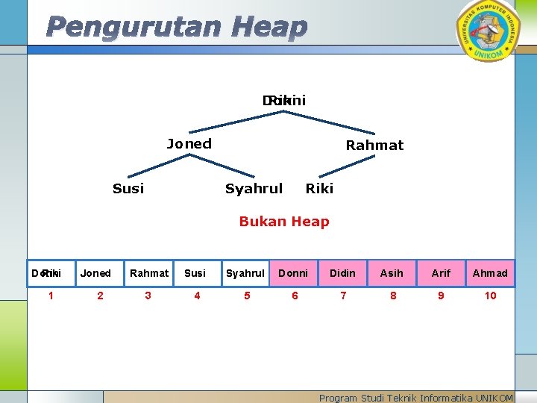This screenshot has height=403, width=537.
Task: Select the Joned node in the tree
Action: tap(189, 144)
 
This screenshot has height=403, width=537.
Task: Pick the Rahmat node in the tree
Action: tap(374, 146)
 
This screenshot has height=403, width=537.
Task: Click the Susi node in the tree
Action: tap(128, 189)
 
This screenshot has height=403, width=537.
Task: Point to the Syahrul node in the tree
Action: tap(254, 189)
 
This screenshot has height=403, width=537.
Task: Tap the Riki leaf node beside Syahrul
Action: tap(319, 189)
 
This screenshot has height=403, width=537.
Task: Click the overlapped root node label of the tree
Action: tap(283, 100)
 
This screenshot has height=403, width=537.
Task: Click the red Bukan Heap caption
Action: tap(283, 221)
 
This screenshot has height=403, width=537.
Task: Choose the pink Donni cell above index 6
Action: tap(293, 273)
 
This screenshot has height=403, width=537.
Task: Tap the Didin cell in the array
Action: tap(342, 273)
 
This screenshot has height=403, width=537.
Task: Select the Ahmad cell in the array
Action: tap(490, 273)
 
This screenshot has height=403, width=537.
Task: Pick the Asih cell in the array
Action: tap(392, 273)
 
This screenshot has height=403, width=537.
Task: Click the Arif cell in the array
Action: tap(441, 273)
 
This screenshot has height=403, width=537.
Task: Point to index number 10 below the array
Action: tap(490, 296)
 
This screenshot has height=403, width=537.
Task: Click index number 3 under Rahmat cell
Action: tap(148, 296)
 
